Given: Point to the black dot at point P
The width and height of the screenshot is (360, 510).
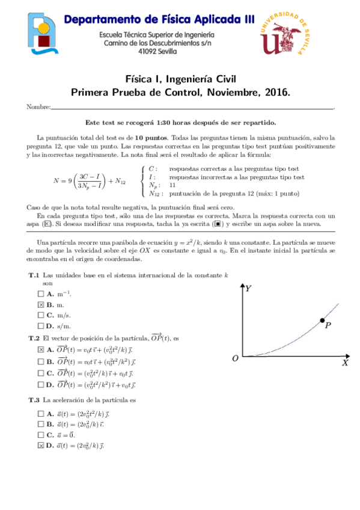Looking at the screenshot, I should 323,319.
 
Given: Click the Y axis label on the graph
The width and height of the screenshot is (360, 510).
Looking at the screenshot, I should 248,289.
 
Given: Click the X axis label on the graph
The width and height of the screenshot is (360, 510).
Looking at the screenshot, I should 345,363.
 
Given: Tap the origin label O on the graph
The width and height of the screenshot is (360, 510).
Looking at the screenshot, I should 236,358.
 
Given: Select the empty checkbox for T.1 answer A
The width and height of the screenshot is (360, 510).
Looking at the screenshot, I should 41,293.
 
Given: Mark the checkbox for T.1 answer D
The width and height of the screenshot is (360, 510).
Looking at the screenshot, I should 41,326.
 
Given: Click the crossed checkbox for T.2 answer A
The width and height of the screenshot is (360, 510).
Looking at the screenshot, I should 41,349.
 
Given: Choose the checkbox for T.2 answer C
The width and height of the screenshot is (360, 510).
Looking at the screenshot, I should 41,373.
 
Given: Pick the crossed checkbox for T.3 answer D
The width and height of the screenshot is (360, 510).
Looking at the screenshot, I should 41,446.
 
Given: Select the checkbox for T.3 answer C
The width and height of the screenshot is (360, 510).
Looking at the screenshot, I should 41,435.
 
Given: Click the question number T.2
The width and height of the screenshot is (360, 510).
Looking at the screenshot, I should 34,338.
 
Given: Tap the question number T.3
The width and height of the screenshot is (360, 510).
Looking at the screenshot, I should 34,400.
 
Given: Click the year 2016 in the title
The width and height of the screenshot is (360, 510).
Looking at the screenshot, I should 278,93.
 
